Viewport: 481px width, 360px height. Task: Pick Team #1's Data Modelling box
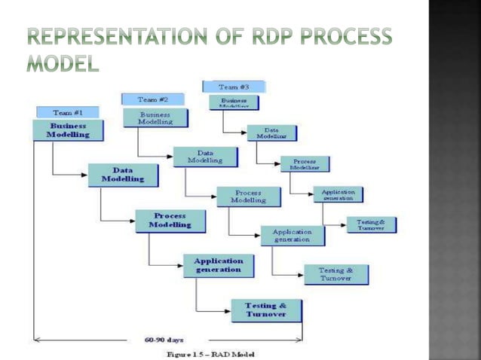tap(124, 175)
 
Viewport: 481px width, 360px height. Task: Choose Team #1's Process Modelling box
tap(170, 221)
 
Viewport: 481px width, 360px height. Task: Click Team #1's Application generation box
tap(219, 265)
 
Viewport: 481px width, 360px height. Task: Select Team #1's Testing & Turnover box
tap(266, 310)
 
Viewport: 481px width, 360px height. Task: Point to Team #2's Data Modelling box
tap(206, 157)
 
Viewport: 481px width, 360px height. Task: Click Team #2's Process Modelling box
tap(249, 197)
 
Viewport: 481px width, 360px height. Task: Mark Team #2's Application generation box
tap(293, 236)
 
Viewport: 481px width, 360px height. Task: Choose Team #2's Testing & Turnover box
tap(336, 275)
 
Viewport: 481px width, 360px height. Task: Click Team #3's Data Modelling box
tap(271, 133)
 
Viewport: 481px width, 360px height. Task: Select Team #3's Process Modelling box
tap(305, 163)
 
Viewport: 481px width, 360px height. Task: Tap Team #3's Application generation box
tap(338, 194)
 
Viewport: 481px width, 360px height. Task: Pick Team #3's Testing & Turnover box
tap(371, 224)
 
